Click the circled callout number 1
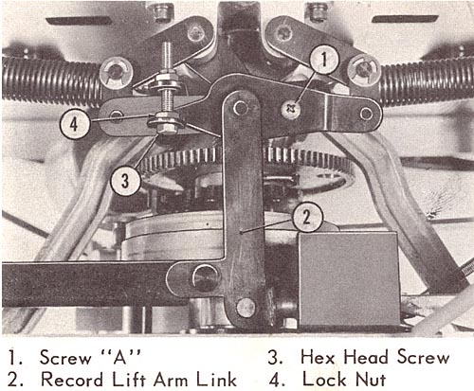click(x=324, y=60)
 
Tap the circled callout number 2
click(x=307, y=218)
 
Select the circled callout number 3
click(x=125, y=181)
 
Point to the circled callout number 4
click(x=75, y=124)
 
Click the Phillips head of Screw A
click(x=290, y=110)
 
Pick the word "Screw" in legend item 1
click(x=65, y=358)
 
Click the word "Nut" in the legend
click(x=371, y=379)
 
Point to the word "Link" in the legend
click(x=216, y=379)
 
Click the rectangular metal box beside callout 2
click(x=348, y=278)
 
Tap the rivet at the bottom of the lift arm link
click(x=246, y=308)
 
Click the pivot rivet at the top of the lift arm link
click(x=240, y=108)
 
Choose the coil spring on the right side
click(x=427, y=81)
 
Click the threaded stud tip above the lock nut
click(x=167, y=45)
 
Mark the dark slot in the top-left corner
click(x=79, y=21)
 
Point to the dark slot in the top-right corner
click(x=405, y=19)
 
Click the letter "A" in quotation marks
click(x=120, y=358)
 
